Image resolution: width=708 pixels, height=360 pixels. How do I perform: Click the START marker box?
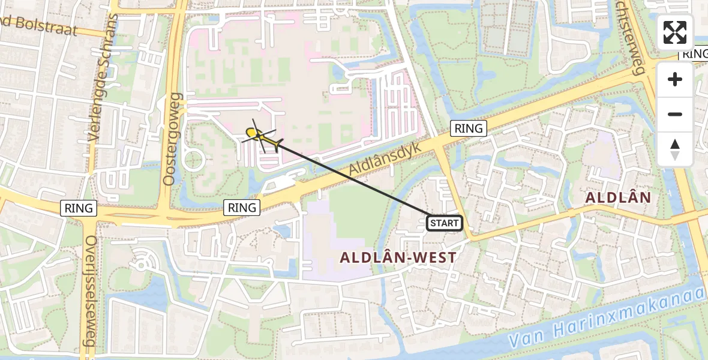click(444, 223)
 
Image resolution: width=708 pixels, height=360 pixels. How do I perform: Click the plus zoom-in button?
click(675, 79)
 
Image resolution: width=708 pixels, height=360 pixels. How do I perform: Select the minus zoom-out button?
click(675, 114)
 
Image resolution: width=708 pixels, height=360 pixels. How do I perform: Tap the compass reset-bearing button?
click(675, 149)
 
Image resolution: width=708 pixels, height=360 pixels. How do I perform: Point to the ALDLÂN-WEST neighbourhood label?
click(398, 257)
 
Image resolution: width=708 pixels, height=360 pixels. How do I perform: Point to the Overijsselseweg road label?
click(91, 291)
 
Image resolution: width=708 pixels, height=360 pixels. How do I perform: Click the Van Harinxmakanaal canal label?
click(606, 318)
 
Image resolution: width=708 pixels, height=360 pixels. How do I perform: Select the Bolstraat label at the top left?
click(39, 26)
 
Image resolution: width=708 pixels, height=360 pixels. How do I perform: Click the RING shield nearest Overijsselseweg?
click(79, 208)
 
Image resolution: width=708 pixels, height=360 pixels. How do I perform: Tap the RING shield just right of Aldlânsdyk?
click(469, 128)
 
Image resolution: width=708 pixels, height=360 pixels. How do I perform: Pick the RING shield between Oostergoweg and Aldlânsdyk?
click(242, 208)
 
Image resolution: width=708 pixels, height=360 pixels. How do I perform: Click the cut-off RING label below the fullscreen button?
click(694, 54)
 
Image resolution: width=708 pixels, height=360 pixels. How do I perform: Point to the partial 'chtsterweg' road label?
click(630, 27)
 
